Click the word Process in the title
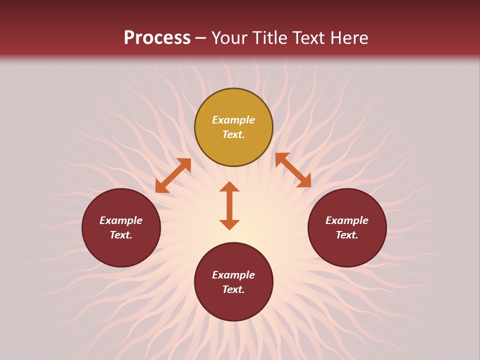pos(157,38)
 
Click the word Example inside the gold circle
pos(233,120)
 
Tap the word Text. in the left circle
pos(121,235)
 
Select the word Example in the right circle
pos(347,220)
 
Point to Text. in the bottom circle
pos(233,289)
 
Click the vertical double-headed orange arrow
pos(229,205)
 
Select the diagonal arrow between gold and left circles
pos(173,175)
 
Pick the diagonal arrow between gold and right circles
pos(293,170)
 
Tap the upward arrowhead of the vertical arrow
pos(229,186)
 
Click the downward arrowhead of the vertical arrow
pos(229,224)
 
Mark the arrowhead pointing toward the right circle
pos(304,181)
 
